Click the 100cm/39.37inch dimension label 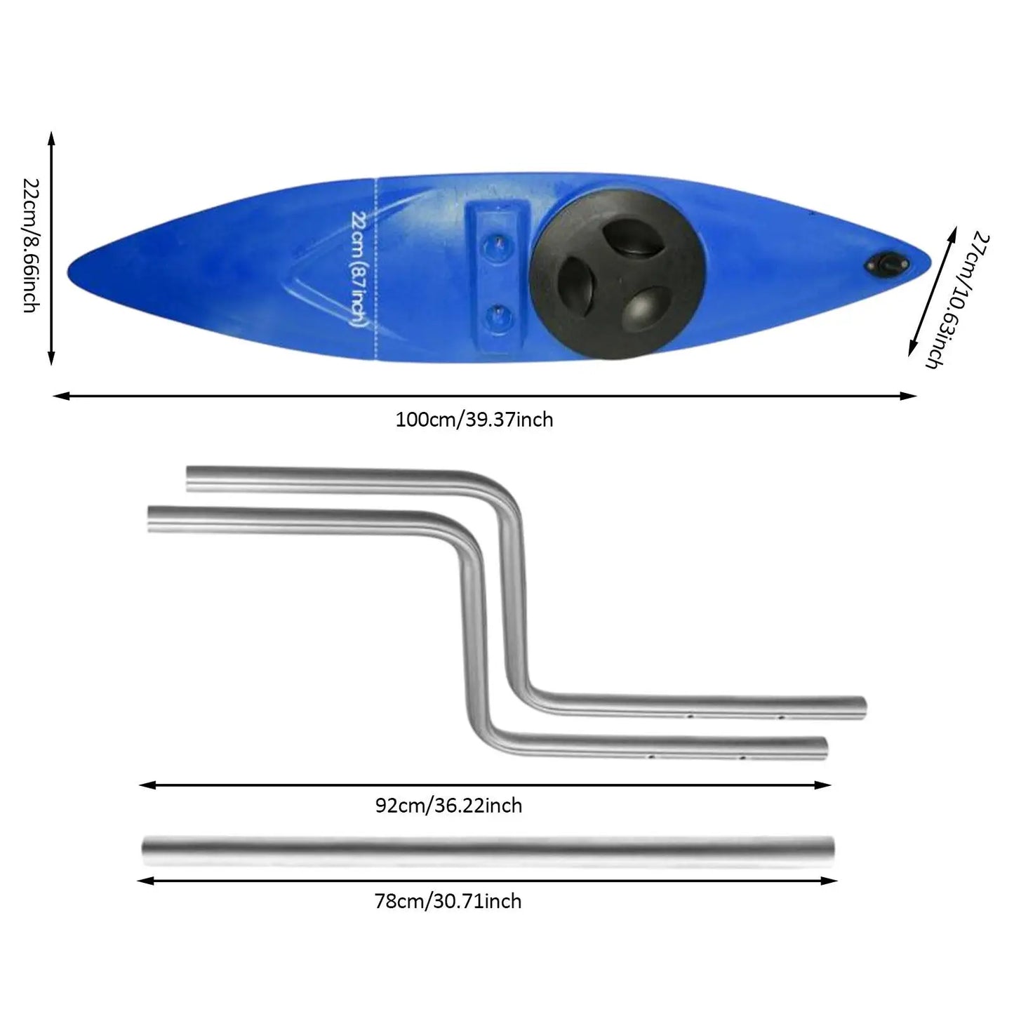pyautogui.click(x=474, y=420)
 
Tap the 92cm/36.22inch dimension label pyautogui.click(x=448, y=806)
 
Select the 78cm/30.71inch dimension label pyautogui.click(x=448, y=902)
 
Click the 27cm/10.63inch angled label pyautogui.click(x=958, y=300)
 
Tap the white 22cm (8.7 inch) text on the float pyautogui.click(x=359, y=268)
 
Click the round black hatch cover pyautogui.click(x=617, y=274)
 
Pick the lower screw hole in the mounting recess pyautogui.click(x=498, y=316)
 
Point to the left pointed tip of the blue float pyautogui.click(x=68, y=272)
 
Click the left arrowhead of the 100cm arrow pyautogui.click(x=61, y=396)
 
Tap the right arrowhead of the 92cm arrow pyautogui.click(x=823, y=786)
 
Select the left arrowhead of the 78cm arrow pyautogui.click(x=146, y=881)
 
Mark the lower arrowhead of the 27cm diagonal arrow pyautogui.click(x=912, y=348)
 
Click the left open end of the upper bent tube pyautogui.click(x=188, y=479)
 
